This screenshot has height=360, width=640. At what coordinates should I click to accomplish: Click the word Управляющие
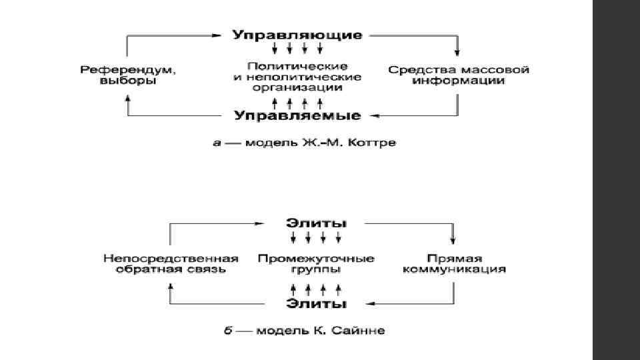[x=297, y=34]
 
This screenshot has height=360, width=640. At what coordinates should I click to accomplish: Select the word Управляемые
[x=297, y=116]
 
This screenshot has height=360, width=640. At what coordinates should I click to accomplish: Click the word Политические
[x=297, y=67]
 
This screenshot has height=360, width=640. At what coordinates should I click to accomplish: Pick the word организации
[x=297, y=87]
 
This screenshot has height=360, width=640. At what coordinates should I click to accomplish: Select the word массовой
[x=497, y=69]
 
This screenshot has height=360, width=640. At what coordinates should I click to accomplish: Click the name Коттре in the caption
[x=376, y=143]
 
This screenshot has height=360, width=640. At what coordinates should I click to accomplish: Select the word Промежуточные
[x=316, y=258]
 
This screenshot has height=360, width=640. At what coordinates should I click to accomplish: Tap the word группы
[x=316, y=270]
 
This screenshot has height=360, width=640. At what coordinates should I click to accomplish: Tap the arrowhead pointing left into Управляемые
[x=375, y=116]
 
